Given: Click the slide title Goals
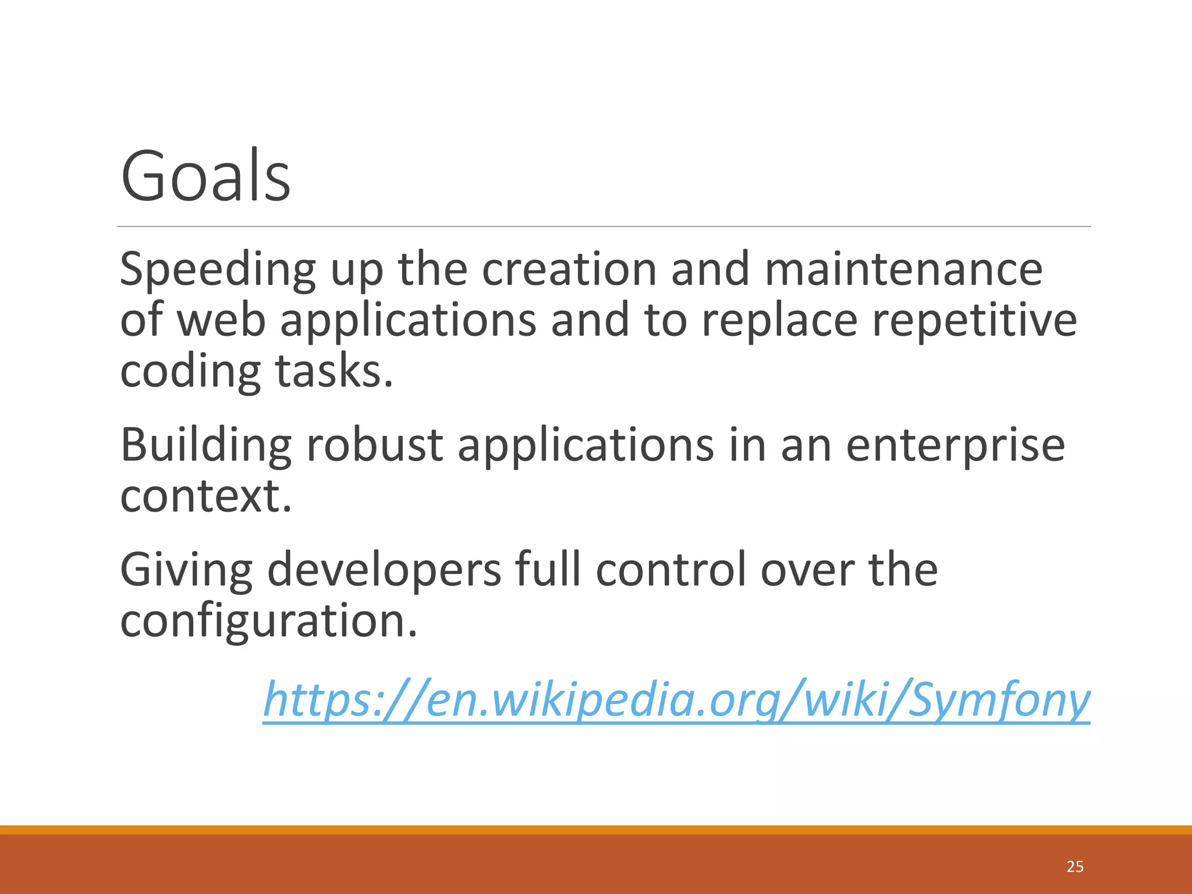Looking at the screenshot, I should point(205,176).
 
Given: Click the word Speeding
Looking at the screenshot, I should point(218,270).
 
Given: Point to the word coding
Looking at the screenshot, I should point(190,372).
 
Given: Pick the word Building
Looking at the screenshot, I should point(205,445).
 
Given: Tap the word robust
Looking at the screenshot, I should point(375,445).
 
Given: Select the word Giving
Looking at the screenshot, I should point(186,570).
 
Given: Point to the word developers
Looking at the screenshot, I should point(384,570).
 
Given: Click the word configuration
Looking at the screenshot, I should point(268,622).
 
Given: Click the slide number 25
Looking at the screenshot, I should point(1075,867).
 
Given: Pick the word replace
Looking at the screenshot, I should point(779,321).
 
